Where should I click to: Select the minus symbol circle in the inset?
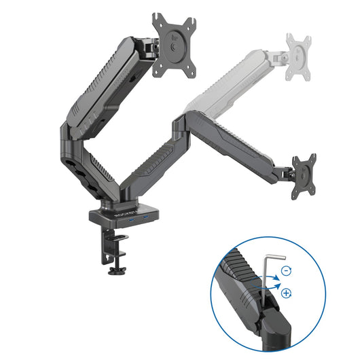pyautogui.click(x=287, y=270)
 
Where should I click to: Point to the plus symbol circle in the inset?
pyautogui.click(x=286, y=294)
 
